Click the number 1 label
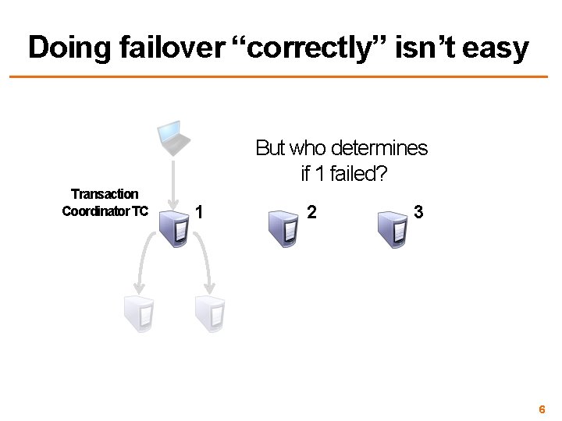(201, 211)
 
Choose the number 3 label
(420, 211)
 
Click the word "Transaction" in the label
(105, 193)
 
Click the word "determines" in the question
(383, 147)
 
